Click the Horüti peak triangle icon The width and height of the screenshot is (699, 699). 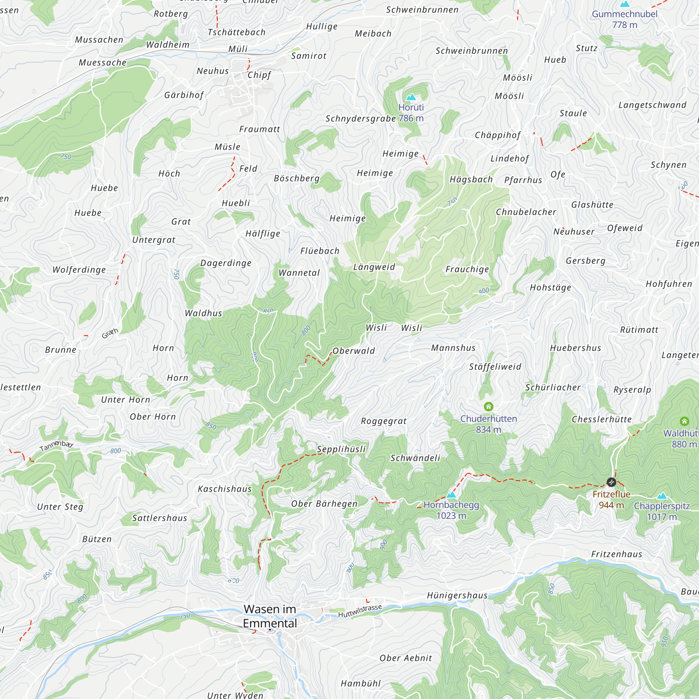[411, 97]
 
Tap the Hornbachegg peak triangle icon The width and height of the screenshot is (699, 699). [451, 495]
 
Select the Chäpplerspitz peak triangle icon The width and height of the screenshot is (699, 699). [662, 496]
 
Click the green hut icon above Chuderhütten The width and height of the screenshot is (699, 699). [489, 407]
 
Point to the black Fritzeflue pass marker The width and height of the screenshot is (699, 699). [611, 482]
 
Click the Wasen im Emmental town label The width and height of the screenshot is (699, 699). [270, 616]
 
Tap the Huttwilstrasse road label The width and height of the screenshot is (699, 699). [360, 611]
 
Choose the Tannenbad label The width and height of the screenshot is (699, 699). [56, 446]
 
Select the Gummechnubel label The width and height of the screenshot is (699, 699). [625, 14]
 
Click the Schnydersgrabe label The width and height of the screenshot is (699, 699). [361, 119]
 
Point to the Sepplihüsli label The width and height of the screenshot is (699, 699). [341, 449]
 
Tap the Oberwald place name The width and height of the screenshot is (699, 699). [353, 351]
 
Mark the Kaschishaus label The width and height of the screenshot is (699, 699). [225, 489]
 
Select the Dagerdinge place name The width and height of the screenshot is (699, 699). [226, 263]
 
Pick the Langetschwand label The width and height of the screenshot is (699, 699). [652, 105]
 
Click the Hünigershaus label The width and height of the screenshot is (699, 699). [457, 595]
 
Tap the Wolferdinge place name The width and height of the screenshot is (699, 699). [79, 269]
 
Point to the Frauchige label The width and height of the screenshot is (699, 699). [467, 269]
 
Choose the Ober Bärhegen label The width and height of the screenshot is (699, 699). [325, 504]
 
